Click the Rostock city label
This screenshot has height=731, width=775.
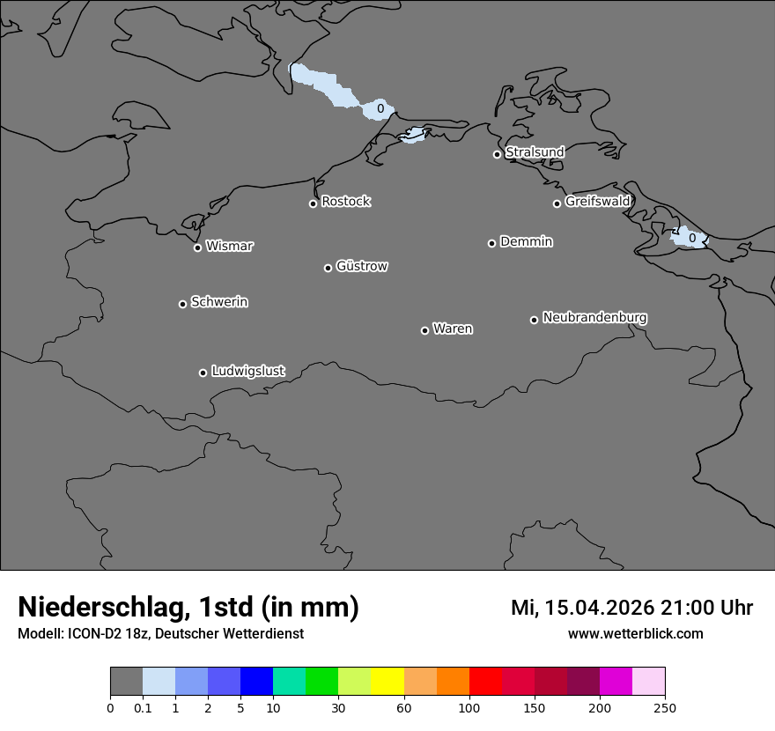tap(345, 202)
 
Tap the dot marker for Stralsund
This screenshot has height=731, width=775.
tap(497, 154)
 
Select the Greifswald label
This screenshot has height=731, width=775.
tap(597, 202)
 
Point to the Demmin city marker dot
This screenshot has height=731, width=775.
tap(491, 243)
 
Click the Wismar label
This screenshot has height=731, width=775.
tap(229, 247)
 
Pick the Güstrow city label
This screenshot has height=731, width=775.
tap(361, 266)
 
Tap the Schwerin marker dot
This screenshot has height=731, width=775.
tap(182, 304)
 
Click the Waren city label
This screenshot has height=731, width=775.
tap(453, 329)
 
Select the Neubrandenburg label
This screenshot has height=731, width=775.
tap(594, 318)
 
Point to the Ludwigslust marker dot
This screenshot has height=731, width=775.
tap(203, 373)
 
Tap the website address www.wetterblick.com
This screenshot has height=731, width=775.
tap(635, 634)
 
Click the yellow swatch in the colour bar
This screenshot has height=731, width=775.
tap(387, 682)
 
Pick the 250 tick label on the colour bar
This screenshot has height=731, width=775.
tap(665, 707)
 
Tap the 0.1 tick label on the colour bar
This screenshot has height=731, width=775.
tap(143, 707)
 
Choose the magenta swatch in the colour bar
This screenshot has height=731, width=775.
tap(616, 682)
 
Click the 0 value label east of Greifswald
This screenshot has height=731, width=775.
tap(692, 238)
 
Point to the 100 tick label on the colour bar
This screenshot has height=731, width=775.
tap(469, 707)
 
